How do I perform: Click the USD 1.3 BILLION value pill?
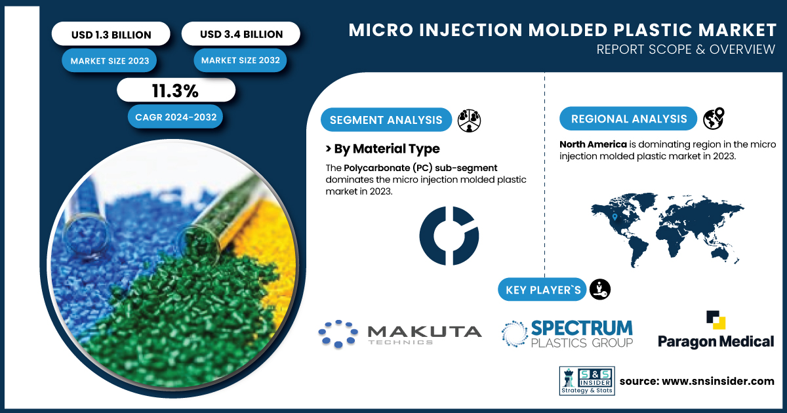pos(111,34)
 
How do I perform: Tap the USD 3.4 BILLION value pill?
pos(241,33)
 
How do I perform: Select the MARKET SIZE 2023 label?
pos(110,61)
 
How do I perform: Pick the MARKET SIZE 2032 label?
pos(240,60)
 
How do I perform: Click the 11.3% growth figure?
pos(176,90)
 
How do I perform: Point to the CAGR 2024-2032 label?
pos(176,117)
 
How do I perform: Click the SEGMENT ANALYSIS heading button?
pos(386,120)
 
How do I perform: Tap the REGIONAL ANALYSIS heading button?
pos(628,119)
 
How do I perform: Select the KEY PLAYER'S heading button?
pos(542,290)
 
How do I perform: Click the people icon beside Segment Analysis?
pos(469,121)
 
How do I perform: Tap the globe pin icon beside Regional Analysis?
pos(714,119)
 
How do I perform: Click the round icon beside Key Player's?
pos(600,289)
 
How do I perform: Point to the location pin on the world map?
pos(615,217)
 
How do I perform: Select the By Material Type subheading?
pos(382,149)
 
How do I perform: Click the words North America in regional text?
pos(593,144)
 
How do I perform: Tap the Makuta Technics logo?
pos(400,334)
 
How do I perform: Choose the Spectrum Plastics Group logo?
pos(567,334)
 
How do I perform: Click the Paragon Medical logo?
pos(716,330)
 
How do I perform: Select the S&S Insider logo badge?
pos(587,381)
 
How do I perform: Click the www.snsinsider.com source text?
pos(717,381)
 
